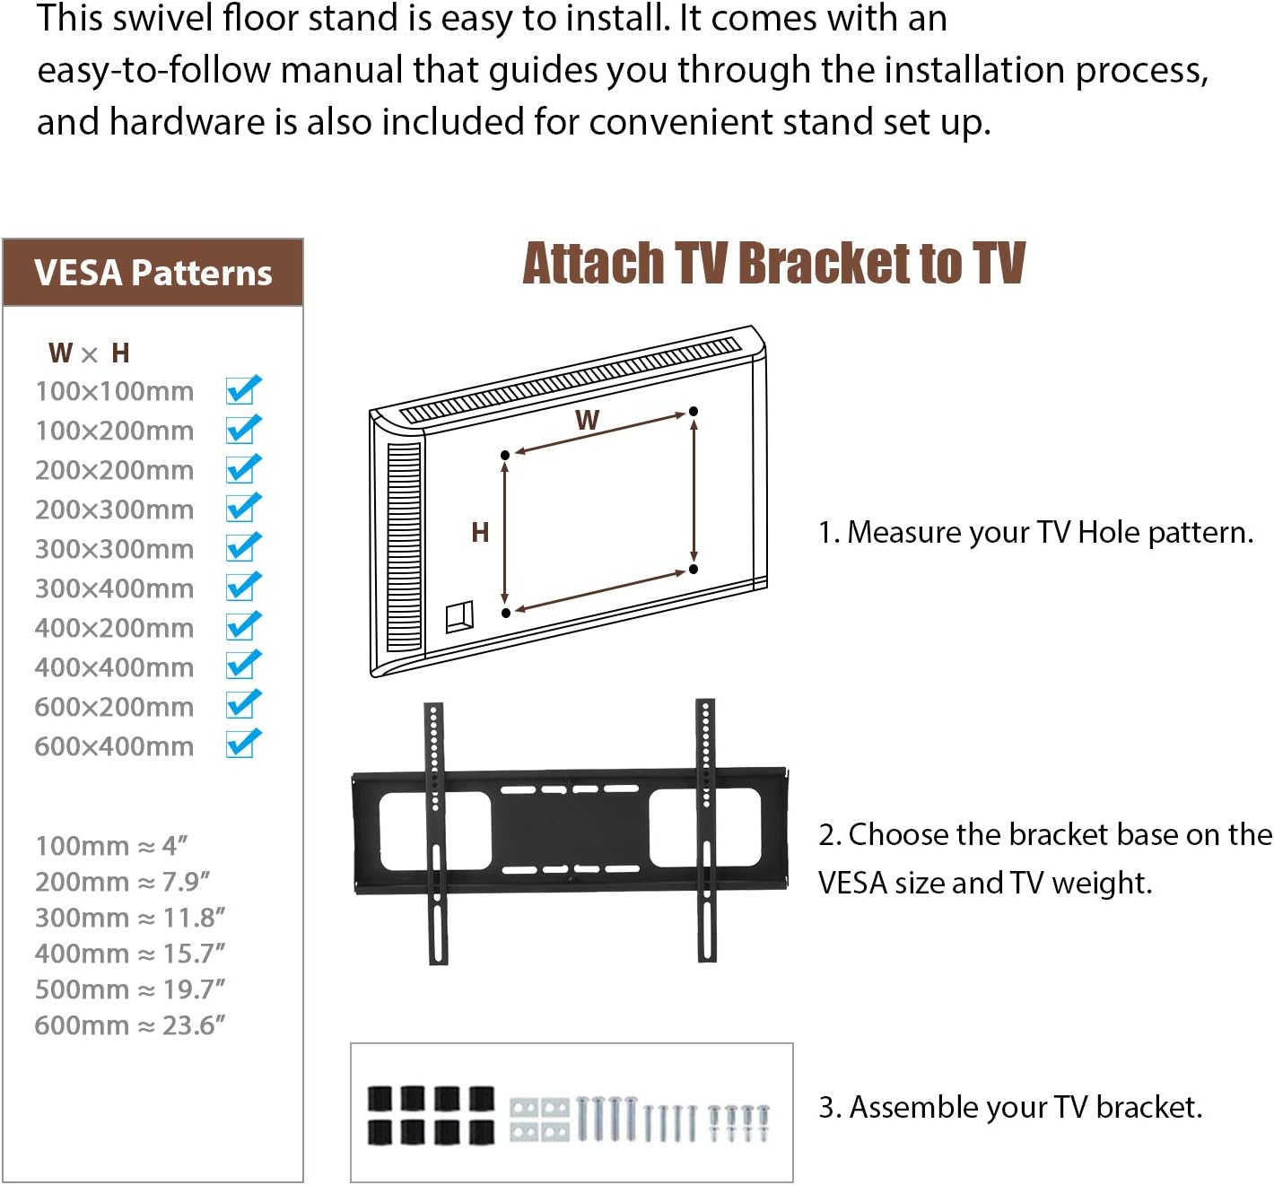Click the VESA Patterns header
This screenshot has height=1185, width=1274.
click(153, 273)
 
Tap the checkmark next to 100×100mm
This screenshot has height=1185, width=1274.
click(243, 390)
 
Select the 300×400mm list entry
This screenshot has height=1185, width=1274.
click(114, 588)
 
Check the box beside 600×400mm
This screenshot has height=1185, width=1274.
click(243, 745)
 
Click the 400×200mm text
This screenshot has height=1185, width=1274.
click(114, 628)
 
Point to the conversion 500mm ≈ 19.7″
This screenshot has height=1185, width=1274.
click(129, 989)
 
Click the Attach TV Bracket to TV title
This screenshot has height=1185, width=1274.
click(773, 264)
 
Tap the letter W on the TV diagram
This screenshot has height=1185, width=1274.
click(587, 420)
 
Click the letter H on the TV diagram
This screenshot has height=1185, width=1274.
click(480, 533)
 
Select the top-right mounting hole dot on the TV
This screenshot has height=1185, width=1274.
click(693, 412)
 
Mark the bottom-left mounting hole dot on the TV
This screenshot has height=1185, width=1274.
click(506, 613)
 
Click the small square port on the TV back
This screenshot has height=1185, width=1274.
click(459, 616)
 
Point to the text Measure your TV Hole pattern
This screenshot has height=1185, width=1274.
click(1035, 533)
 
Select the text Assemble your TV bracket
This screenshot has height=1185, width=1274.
click(1010, 1108)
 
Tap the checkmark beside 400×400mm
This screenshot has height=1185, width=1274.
click(243, 666)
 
